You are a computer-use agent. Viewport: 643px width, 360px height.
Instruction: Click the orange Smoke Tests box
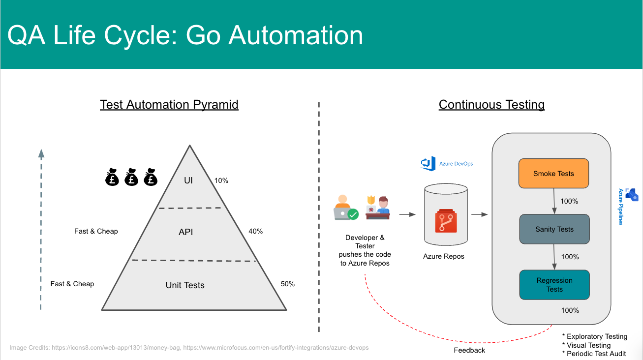tap(553, 174)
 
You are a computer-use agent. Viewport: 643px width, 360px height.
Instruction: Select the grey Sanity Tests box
tap(554, 229)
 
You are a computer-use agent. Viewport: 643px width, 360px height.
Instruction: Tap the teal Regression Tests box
tap(554, 285)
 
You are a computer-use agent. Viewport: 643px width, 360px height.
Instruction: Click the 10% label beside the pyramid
tap(221, 180)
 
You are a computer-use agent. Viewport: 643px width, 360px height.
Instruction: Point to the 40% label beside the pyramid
tap(256, 231)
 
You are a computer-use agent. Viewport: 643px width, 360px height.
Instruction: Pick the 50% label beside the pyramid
tap(287, 284)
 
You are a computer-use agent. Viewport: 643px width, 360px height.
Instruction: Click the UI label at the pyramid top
tap(188, 180)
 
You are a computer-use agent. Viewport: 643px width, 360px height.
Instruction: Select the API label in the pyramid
tap(185, 232)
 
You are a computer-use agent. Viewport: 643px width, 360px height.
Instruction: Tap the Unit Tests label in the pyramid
tap(185, 285)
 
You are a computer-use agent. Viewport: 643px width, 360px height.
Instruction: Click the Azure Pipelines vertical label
tap(621, 207)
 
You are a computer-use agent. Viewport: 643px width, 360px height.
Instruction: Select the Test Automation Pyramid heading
tap(169, 105)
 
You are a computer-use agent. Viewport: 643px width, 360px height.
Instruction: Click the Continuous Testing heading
tap(491, 105)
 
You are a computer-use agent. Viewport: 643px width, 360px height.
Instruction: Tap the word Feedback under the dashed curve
tap(469, 350)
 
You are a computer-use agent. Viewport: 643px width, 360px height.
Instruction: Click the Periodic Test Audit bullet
tap(594, 354)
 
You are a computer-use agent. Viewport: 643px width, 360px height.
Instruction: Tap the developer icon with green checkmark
tap(345, 208)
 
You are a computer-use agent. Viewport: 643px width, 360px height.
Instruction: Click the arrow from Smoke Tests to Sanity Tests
tap(555, 201)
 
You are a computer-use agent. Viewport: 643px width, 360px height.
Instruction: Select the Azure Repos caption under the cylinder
tap(444, 256)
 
